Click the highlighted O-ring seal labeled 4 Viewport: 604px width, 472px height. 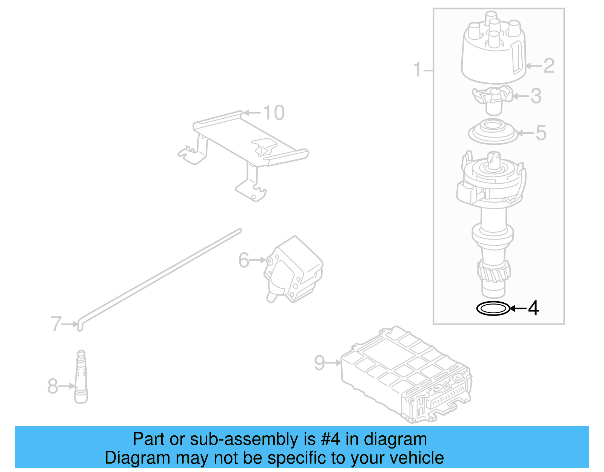click(x=493, y=309)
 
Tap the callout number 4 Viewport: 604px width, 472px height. click(x=533, y=308)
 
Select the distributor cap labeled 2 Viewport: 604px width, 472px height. click(x=493, y=53)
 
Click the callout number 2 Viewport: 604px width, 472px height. click(x=549, y=66)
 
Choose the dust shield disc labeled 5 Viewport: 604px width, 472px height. click(x=493, y=132)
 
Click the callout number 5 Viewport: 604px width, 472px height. click(x=541, y=133)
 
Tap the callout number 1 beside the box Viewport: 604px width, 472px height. click(x=417, y=70)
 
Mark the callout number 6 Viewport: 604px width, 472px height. click(x=244, y=260)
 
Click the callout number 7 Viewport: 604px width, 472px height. click(x=56, y=324)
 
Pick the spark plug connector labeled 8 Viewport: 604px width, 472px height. click(x=81, y=378)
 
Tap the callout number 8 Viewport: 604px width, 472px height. click(x=52, y=386)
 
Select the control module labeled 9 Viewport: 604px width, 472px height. click(x=406, y=374)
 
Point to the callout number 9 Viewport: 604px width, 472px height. click(x=319, y=363)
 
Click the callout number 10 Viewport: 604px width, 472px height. click(x=274, y=113)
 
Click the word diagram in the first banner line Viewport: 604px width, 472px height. click(x=395, y=440)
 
